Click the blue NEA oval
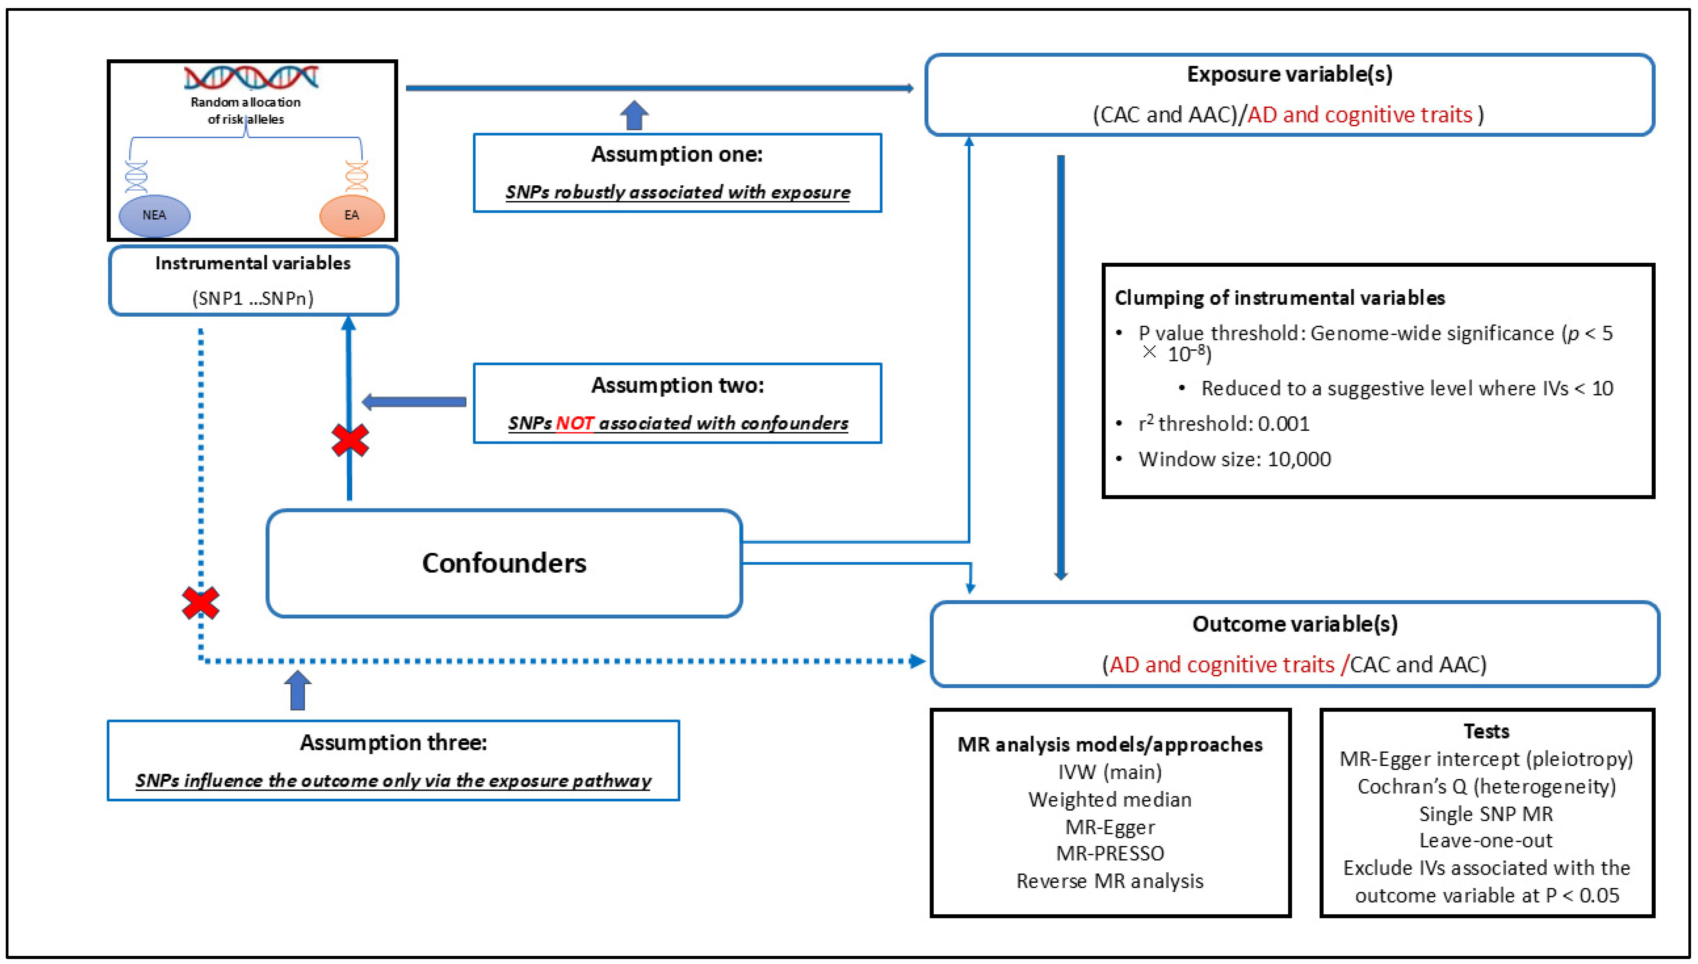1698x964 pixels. [x=154, y=215]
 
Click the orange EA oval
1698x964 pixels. [x=351, y=215]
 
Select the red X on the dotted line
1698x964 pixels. [x=201, y=603]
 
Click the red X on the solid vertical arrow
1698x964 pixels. [x=349, y=440]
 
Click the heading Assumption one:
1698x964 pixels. [x=676, y=154]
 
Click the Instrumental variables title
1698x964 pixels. [x=253, y=264]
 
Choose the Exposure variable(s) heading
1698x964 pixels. [x=1289, y=74]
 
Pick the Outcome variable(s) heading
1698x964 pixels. [x=1294, y=624]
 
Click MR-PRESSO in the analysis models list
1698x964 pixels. [x=1110, y=853]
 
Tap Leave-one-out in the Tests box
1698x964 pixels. [x=1486, y=840]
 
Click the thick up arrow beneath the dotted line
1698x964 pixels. [x=298, y=690]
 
